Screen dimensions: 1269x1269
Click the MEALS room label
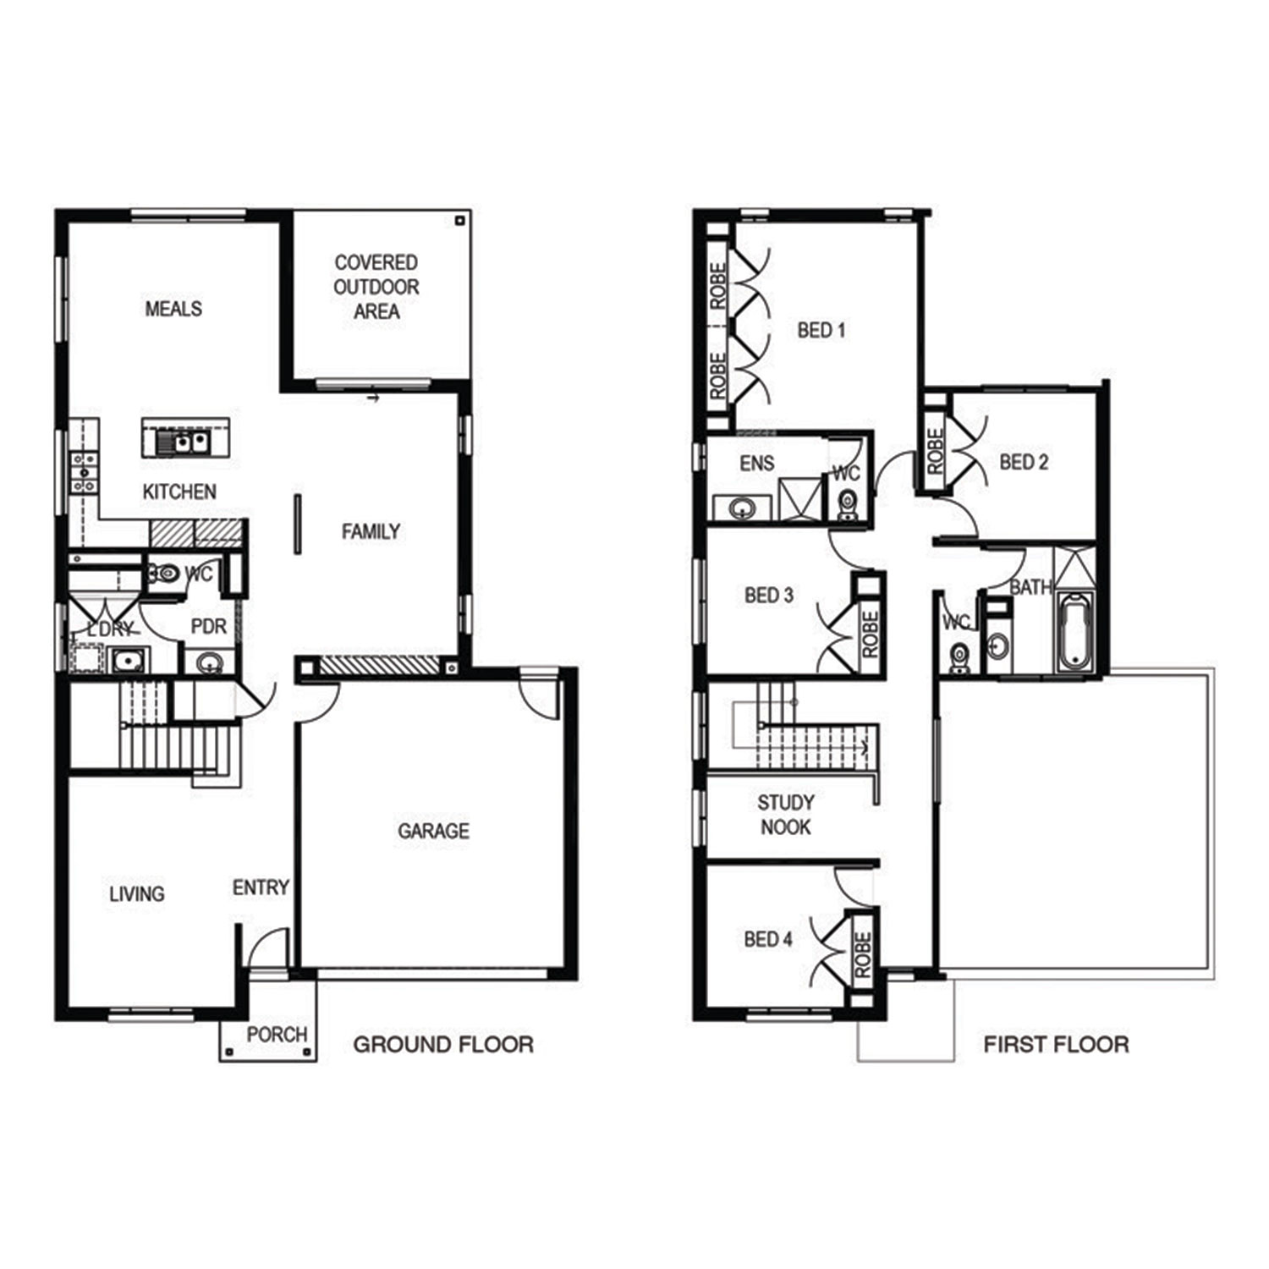(173, 309)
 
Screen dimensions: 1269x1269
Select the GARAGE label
(433, 831)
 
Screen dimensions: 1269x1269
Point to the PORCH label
(277, 1034)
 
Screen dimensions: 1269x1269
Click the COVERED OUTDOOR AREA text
(376, 287)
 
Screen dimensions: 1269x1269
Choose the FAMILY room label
(371, 531)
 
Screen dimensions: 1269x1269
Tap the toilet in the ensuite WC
(847, 506)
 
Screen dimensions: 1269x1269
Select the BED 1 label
(821, 330)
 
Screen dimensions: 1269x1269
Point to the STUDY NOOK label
(785, 815)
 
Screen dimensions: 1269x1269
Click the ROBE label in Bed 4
(862, 955)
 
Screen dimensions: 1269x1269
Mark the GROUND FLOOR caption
(443, 1045)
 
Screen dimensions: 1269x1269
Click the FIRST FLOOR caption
(1056, 1045)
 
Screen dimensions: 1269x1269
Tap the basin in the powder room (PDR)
(209, 662)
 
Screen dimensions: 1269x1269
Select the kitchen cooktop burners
(85, 473)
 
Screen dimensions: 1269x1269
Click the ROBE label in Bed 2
(935, 451)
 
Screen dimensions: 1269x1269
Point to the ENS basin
(742, 508)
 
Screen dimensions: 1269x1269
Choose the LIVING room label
(136, 893)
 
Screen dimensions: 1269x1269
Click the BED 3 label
(768, 596)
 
